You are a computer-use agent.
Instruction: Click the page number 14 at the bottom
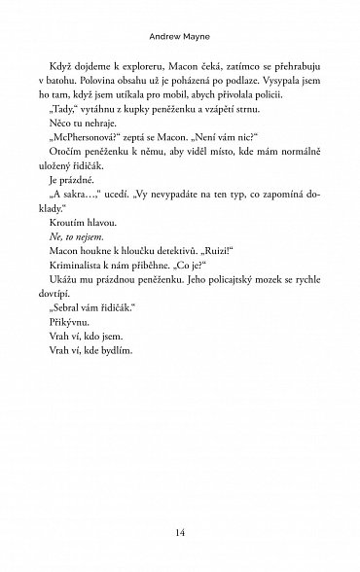pos(181,532)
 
